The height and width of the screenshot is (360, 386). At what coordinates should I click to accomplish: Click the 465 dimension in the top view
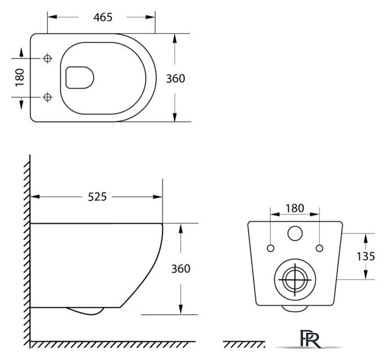pyautogui.click(x=103, y=17)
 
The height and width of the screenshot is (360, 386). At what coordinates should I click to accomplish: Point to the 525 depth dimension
pyautogui.click(x=97, y=197)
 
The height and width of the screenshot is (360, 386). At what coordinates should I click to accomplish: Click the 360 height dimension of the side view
pyautogui.click(x=180, y=268)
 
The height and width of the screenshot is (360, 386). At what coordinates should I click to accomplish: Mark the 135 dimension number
pyautogui.click(x=366, y=256)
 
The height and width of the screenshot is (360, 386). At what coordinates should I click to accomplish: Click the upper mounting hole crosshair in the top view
pyautogui.click(x=47, y=58)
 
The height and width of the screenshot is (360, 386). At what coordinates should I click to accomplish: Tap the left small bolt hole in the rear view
pyautogui.click(x=270, y=248)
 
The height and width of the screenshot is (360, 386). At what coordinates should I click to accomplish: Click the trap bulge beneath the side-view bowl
pyautogui.click(x=84, y=311)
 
